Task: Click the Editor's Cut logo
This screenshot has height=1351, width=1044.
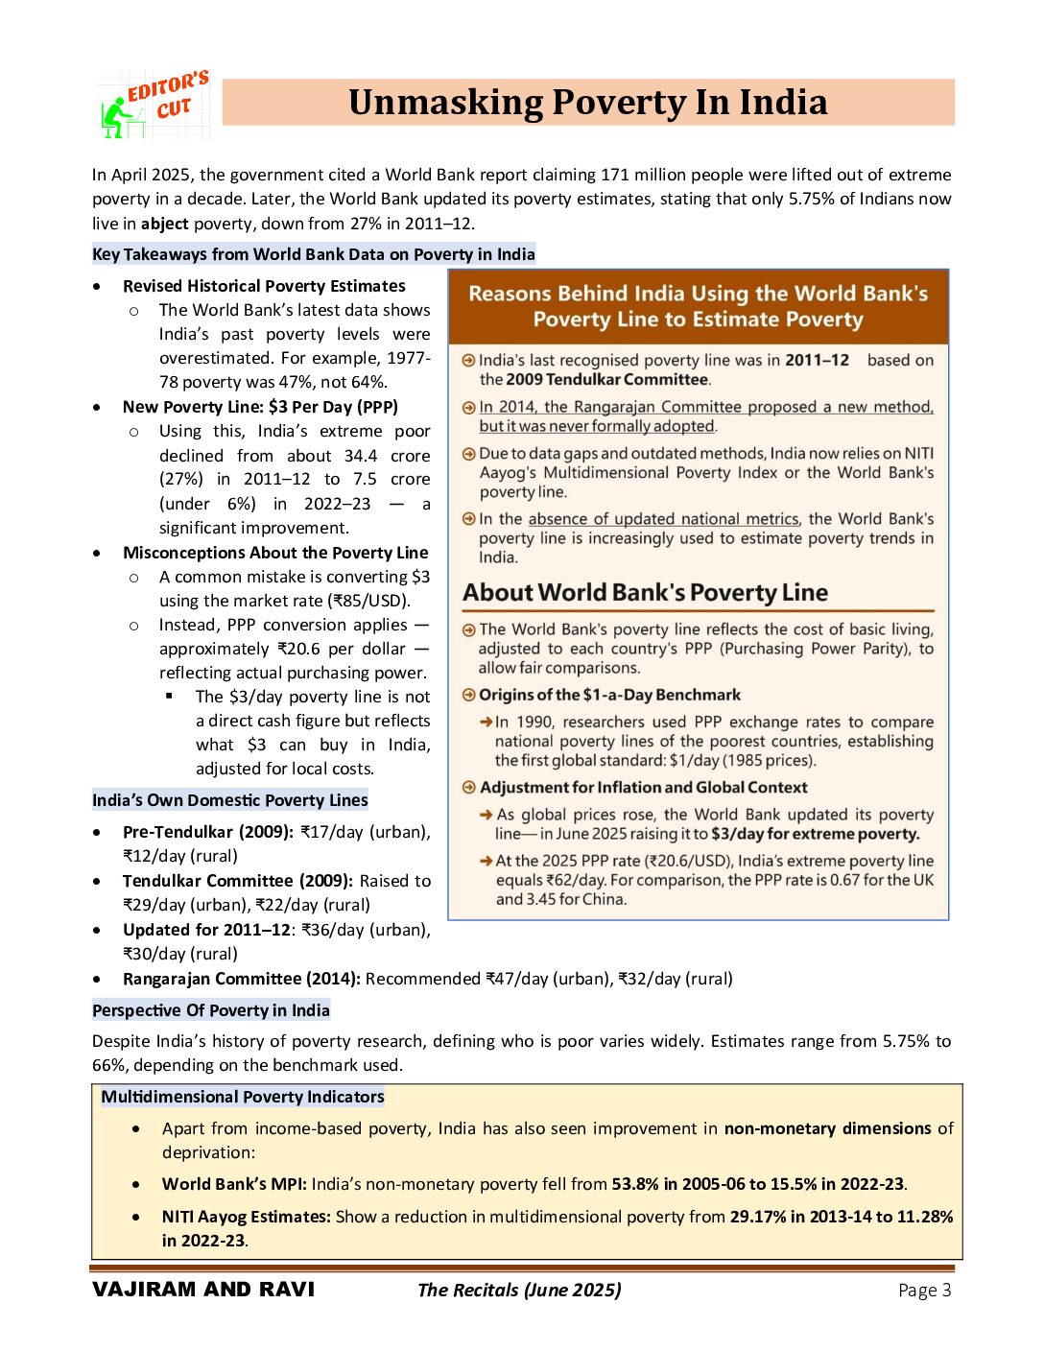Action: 154,104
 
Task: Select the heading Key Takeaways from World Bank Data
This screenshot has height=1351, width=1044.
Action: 313,254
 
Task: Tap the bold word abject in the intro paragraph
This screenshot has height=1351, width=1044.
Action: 164,224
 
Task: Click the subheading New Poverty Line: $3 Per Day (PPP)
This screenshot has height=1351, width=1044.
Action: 260,407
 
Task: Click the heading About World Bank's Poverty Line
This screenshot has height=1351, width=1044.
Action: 645,593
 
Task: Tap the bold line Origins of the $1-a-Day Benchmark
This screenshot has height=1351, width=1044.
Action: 609,695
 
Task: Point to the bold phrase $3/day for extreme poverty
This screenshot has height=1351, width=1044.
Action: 815,834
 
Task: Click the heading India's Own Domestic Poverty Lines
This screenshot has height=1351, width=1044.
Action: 229,800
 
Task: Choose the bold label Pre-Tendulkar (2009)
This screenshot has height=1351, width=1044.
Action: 207,832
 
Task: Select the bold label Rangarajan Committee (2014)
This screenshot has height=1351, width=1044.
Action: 241,979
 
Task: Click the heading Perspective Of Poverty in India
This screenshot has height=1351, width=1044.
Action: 210,1010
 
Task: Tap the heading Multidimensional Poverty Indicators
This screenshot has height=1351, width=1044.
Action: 242,1097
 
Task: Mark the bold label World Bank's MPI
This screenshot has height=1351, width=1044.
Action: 233,1184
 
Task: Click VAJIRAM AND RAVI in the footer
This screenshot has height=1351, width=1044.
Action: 203,1290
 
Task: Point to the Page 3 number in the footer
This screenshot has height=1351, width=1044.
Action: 924,1291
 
